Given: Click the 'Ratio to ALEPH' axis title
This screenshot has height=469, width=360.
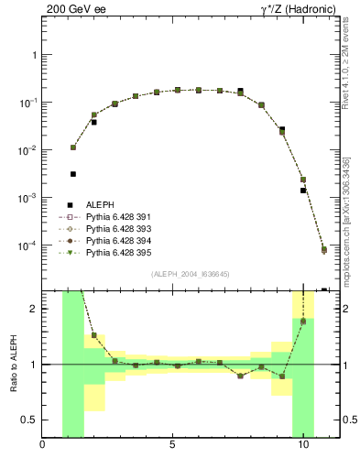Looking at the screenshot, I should [x=12, y=365].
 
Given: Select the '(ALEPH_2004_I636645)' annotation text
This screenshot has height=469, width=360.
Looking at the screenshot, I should [x=190, y=275].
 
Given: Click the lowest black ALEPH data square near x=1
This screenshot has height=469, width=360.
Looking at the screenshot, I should [x=73, y=173].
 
